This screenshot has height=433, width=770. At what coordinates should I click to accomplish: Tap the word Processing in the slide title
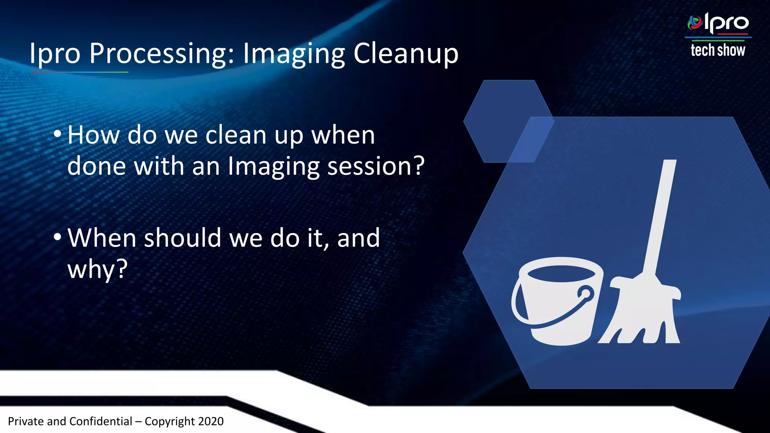[162, 54]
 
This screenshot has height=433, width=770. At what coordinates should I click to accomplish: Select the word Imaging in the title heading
[294, 54]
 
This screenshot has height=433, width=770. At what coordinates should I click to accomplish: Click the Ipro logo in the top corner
[718, 23]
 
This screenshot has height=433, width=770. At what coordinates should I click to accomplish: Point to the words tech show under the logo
[717, 50]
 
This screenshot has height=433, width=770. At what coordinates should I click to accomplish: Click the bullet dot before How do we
[57, 134]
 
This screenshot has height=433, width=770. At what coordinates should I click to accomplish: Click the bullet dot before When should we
[57, 238]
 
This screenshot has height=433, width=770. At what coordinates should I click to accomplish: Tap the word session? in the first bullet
[376, 166]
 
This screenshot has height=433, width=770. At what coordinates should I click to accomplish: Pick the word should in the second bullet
[182, 238]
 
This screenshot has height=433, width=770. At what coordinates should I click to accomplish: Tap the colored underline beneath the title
[79, 72]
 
